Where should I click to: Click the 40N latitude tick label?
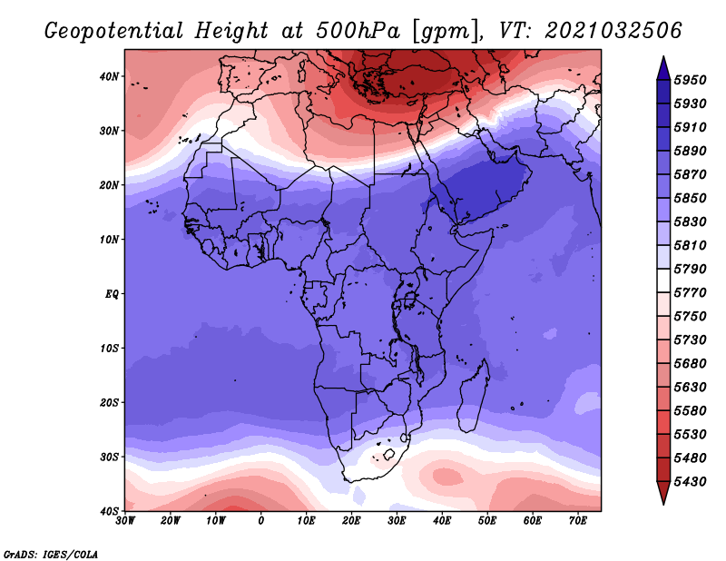[110, 76]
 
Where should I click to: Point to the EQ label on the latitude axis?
[112, 294]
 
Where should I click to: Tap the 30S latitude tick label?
[110, 458]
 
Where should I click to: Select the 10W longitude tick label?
[216, 521]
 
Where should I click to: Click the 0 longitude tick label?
[261, 521]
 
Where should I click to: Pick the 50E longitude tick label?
[487, 521]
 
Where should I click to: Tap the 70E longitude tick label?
[577, 521]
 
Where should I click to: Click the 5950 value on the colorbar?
[690, 80]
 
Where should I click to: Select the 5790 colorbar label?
[690, 269]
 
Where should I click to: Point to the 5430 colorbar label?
[690, 482]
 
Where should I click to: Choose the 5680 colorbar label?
[690, 364]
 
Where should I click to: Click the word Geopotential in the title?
[114, 32]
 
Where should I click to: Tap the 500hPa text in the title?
[357, 31]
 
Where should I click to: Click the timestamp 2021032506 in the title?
[613, 31]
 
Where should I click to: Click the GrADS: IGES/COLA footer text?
[51, 555]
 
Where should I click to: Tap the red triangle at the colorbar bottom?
[663, 493]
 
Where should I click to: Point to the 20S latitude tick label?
[110, 403]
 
